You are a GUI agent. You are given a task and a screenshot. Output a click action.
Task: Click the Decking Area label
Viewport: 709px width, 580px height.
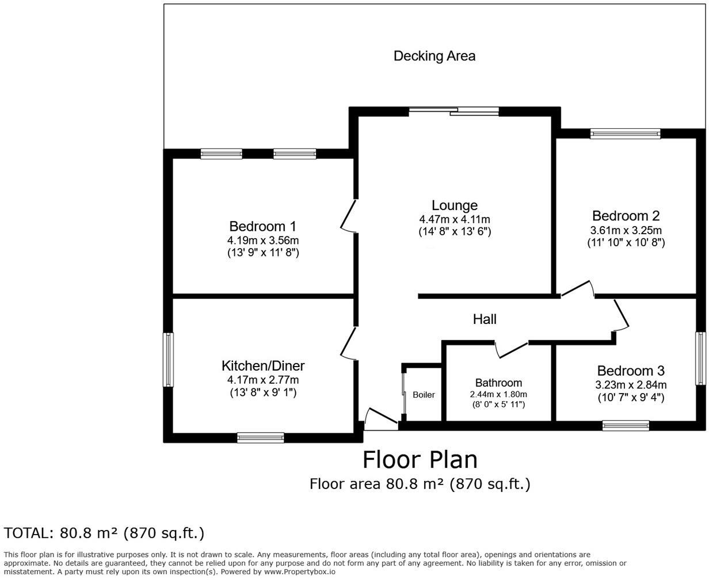tap(434, 56)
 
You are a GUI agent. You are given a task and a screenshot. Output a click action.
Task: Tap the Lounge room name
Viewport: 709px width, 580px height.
tap(455, 205)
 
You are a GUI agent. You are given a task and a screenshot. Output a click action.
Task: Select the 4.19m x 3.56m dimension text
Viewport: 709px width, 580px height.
tap(263, 240)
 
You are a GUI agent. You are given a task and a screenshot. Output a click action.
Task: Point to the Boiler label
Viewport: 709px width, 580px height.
tap(424, 395)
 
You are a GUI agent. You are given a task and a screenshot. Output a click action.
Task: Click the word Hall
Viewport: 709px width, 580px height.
tap(485, 319)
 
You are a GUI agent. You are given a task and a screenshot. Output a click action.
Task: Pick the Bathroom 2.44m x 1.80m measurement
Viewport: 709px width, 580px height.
tap(498, 394)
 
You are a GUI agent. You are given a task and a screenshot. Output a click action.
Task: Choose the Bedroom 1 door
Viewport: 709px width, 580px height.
tap(349, 216)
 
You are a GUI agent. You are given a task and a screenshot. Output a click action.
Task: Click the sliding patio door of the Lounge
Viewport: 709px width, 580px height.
tap(454, 111)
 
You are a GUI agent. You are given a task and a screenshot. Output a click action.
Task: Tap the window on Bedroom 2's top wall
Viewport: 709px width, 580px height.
tap(625, 134)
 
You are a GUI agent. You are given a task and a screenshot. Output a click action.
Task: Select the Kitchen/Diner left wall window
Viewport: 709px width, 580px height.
tap(168, 360)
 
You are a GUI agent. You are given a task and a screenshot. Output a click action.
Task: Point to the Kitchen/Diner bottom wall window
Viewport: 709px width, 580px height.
tap(261, 438)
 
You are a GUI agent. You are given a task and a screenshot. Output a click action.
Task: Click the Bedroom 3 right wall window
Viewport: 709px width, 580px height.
tap(700, 358)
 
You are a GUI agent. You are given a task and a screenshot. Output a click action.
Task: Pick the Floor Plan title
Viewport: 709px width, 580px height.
tap(420, 460)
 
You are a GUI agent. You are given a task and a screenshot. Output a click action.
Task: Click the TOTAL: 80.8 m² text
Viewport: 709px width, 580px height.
tap(104, 533)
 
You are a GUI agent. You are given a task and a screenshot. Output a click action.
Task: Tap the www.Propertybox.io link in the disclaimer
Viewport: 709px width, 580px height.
tap(299, 572)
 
